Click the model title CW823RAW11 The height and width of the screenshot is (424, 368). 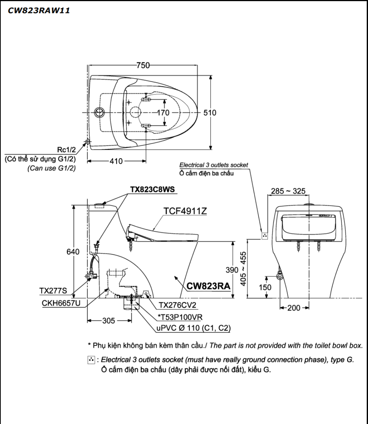(x=39, y=11)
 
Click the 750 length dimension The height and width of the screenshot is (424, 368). (x=143, y=65)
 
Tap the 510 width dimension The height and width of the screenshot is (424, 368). (x=210, y=113)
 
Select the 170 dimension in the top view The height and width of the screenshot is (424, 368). (x=163, y=113)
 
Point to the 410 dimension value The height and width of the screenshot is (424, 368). (x=116, y=161)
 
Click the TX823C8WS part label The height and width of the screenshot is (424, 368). (x=152, y=189)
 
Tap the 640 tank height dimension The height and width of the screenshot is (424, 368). (x=73, y=252)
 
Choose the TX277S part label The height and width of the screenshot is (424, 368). (x=53, y=291)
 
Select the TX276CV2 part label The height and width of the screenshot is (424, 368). (x=178, y=305)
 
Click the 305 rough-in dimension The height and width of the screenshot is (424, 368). (x=108, y=321)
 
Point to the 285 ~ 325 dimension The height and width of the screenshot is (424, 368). (x=288, y=191)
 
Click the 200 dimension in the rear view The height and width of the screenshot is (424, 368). (x=294, y=308)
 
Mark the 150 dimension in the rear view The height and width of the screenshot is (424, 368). (x=265, y=287)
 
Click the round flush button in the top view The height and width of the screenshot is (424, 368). (x=99, y=112)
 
